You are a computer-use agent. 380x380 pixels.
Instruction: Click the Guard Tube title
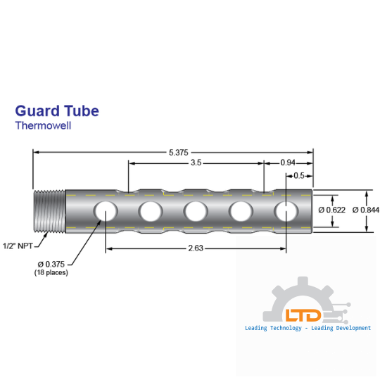point(57,111)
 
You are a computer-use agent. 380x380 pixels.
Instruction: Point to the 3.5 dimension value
point(196,163)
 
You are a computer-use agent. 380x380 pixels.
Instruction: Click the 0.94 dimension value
point(289,163)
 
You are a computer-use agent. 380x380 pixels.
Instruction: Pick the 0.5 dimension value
point(298,175)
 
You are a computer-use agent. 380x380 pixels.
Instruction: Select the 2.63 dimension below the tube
point(196,248)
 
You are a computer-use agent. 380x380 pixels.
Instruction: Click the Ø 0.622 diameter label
point(331,210)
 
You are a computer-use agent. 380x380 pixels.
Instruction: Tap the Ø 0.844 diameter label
point(364,210)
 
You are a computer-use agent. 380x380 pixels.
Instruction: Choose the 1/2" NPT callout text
point(17,246)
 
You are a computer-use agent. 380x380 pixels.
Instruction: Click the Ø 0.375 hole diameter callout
point(51,264)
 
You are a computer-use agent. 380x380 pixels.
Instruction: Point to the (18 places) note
point(51,272)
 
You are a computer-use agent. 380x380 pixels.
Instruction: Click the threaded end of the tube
point(49,210)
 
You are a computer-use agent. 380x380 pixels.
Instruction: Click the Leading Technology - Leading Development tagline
point(308,328)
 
